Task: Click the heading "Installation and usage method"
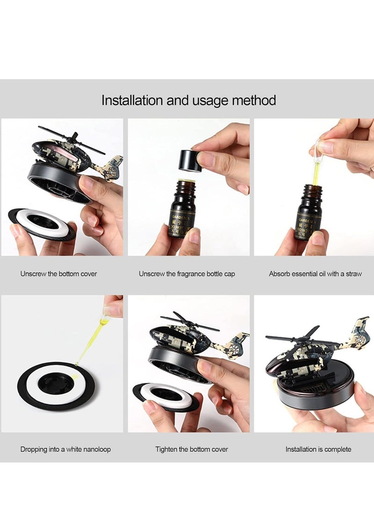pos(188,100)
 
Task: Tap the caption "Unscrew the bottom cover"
pos(58,274)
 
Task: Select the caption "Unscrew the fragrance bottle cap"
pos(187,274)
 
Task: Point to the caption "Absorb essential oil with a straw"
pos(315,274)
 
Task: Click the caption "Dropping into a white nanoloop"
pos(65,449)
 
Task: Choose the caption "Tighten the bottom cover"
pos(192,449)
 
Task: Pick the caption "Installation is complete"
pos(318,449)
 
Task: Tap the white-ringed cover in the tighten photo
pos(166,395)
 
